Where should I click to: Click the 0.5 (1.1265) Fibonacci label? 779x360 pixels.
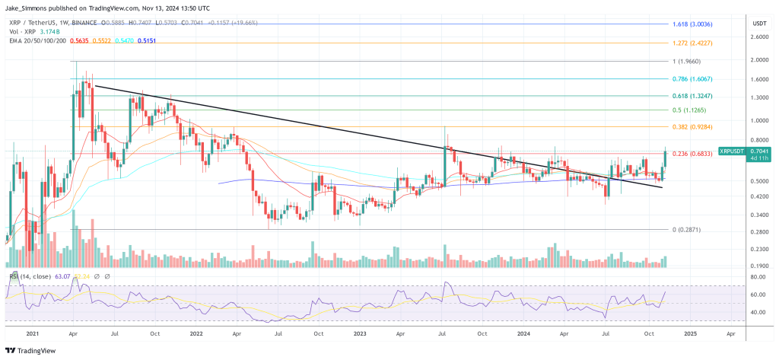[x=692, y=110]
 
